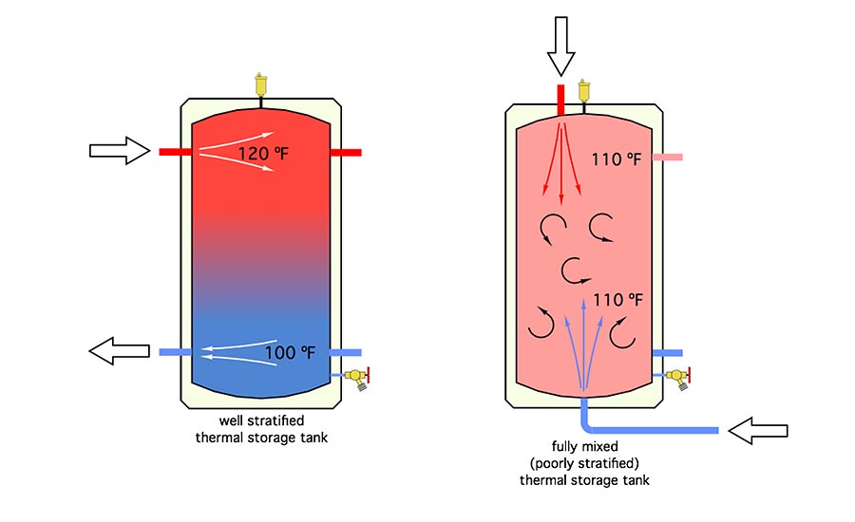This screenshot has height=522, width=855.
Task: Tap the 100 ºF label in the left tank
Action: pyautogui.click(x=290, y=353)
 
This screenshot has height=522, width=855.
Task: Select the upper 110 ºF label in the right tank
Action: pyautogui.click(x=617, y=158)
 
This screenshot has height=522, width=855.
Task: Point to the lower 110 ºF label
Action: pyautogui.click(x=618, y=301)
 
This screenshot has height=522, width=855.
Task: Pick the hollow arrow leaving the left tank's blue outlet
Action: pyautogui.click(x=120, y=351)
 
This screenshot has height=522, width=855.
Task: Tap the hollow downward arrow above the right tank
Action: pyautogui.click(x=560, y=46)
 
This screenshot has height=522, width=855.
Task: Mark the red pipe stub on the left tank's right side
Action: pyautogui.click(x=346, y=152)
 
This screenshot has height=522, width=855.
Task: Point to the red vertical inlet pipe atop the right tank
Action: pyautogui.click(x=560, y=99)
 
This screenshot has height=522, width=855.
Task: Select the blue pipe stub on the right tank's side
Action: pyautogui.click(x=667, y=353)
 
